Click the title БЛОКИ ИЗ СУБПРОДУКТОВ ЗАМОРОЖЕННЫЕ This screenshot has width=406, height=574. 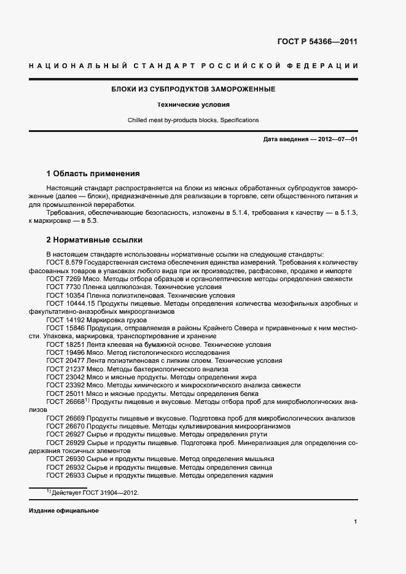[x=193, y=90]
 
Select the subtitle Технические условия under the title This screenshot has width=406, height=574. [x=193, y=105]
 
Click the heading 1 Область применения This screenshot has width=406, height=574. [x=93, y=174]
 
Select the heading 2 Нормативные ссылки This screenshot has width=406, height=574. [x=94, y=240]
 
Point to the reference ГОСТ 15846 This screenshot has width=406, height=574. [x=66, y=328]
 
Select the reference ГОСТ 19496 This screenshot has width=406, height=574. [x=66, y=353]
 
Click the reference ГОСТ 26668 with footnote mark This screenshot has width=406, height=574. [x=68, y=402]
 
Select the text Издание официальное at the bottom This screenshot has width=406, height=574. [x=63, y=511]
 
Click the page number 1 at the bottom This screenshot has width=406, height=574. [x=356, y=522]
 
